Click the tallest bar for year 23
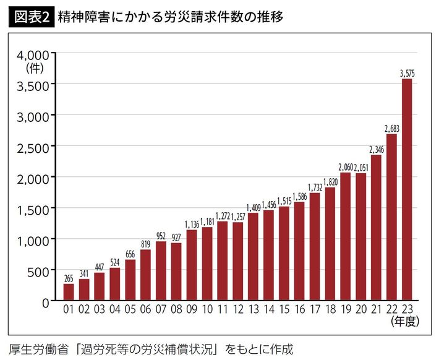[x=407, y=189]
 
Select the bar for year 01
[x=69, y=292]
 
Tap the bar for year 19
[x=346, y=236]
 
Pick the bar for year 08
[x=176, y=272]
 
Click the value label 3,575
[x=407, y=74]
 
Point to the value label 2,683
[x=391, y=129]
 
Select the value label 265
[x=69, y=278]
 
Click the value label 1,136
[x=192, y=225]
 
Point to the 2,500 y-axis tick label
[x=31, y=146]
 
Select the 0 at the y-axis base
[x=46, y=301]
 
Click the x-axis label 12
[x=238, y=309]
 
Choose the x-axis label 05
[x=130, y=309]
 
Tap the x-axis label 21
[x=376, y=309]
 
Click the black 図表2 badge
[x=32, y=17]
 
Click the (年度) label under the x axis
[x=406, y=322]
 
